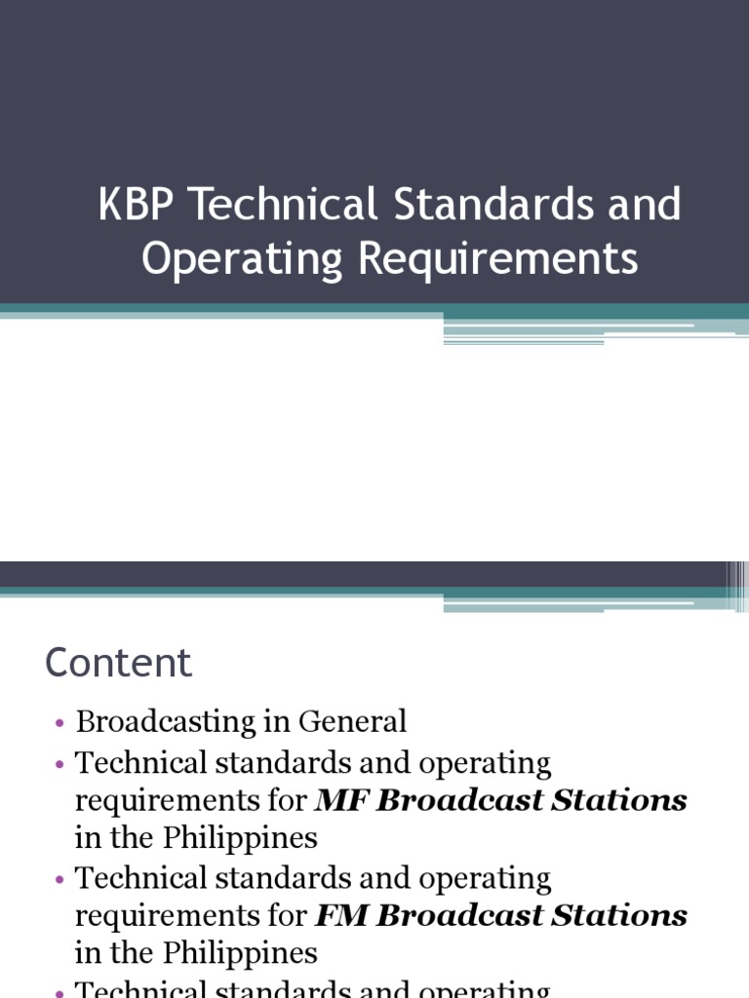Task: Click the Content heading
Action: click(x=118, y=664)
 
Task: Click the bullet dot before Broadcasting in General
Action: click(x=59, y=724)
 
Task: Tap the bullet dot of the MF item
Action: click(x=59, y=765)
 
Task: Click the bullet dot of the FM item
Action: click(x=59, y=880)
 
